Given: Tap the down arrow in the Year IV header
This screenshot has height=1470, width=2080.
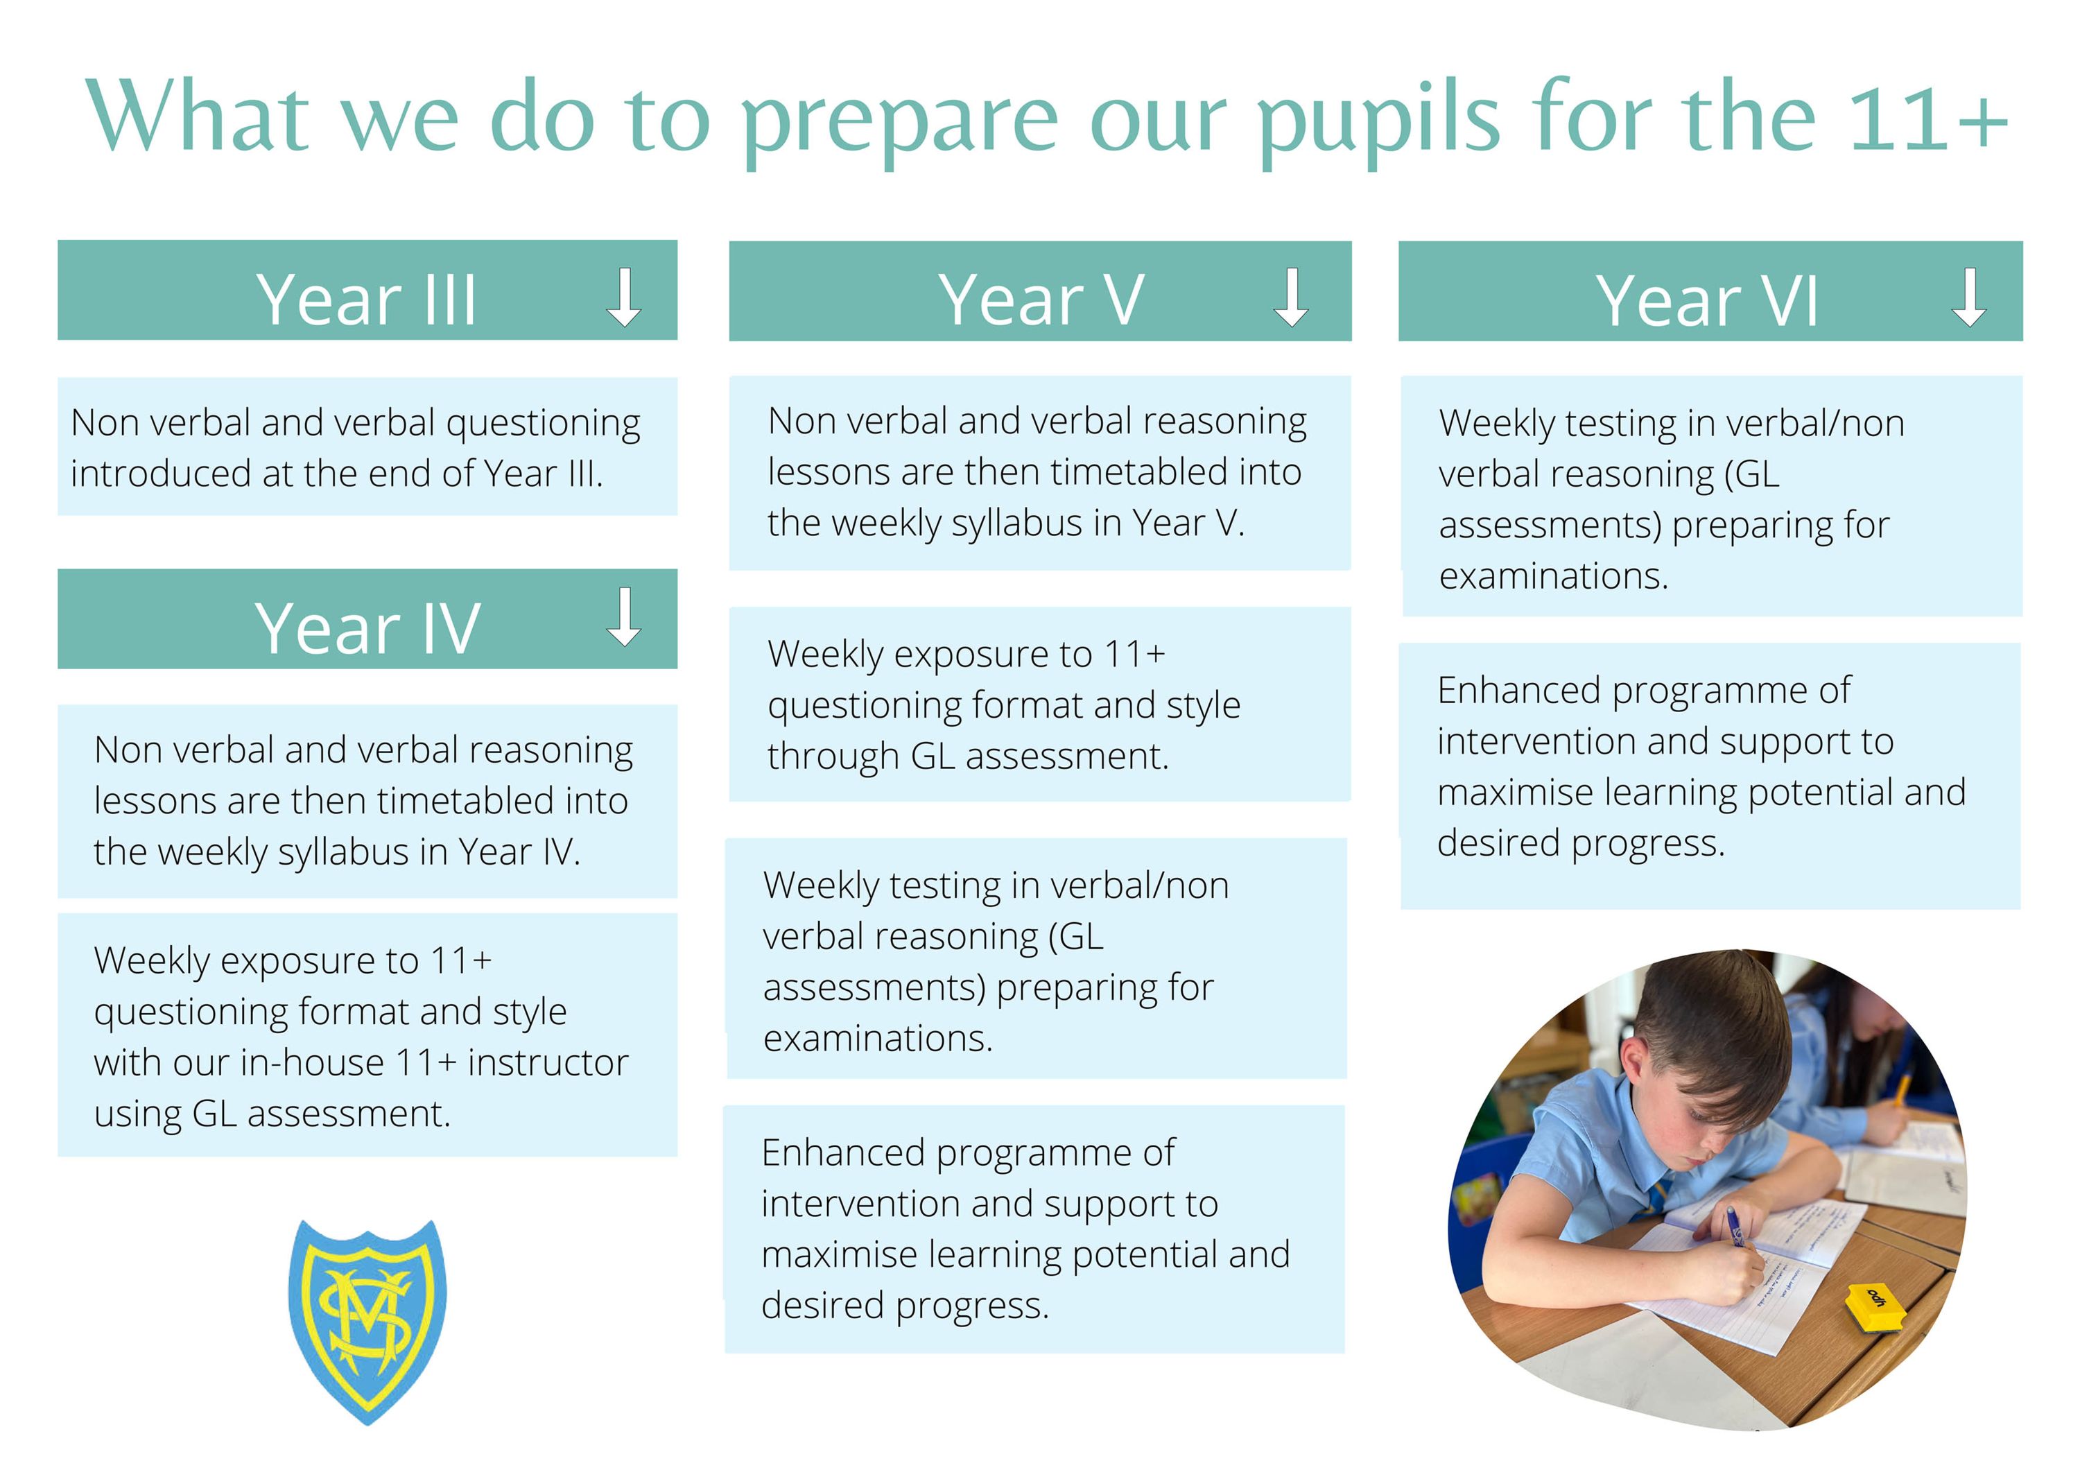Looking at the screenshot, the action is click(624, 617).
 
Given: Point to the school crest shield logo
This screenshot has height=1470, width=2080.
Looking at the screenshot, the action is click(367, 1322).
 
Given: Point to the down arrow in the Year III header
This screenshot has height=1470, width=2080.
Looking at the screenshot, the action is click(624, 297).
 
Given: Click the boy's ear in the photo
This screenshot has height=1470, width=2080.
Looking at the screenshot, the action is click(1634, 1064).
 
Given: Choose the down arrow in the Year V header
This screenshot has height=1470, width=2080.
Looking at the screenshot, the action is click(1291, 297).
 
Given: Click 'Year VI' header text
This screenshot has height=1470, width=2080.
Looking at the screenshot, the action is click(1707, 301).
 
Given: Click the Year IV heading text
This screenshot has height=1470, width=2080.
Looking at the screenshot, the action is click(367, 628).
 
